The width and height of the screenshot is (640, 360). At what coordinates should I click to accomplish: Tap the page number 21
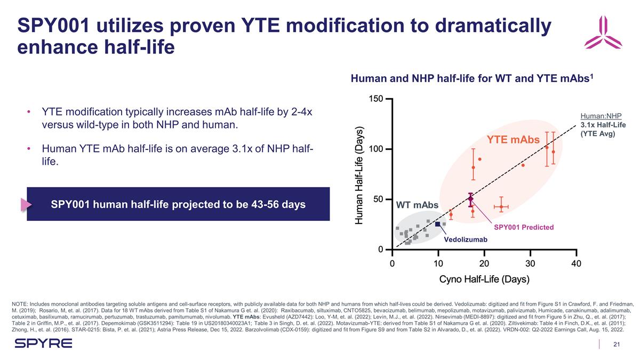pyautogui.click(x=617, y=343)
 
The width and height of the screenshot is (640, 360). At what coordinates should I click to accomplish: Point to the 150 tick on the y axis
pyautogui.click(x=376, y=99)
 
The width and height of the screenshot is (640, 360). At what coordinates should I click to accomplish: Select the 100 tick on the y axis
pyautogui.click(x=376, y=149)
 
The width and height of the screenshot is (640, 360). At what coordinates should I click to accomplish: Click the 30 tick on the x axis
pyautogui.click(x=530, y=263)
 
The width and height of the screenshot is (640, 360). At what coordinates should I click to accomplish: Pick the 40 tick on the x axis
pyautogui.click(x=575, y=263)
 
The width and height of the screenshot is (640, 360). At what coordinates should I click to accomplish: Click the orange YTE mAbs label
pyautogui.click(x=513, y=140)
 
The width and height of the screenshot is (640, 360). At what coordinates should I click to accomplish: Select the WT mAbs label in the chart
pyautogui.click(x=417, y=205)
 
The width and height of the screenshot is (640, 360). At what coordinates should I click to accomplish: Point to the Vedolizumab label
pyautogui.click(x=466, y=239)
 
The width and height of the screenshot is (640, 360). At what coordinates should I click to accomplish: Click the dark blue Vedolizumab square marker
pyautogui.click(x=438, y=224)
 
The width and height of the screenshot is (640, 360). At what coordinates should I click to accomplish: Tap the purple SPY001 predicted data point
pyautogui.click(x=470, y=198)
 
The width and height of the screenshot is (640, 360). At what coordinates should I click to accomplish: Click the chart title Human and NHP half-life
pyautogui.click(x=472, y=79)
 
